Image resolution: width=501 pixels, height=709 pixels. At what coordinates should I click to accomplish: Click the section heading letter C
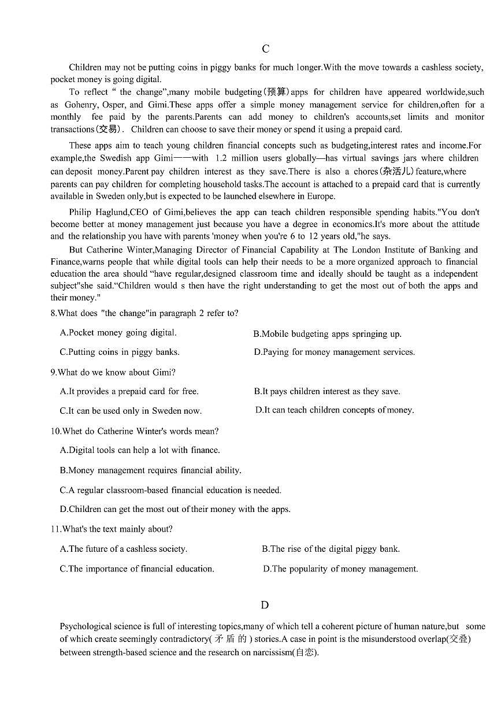(265, 49)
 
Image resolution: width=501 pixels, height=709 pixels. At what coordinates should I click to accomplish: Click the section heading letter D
(265, 605)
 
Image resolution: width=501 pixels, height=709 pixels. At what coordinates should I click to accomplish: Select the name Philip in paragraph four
(81, 212)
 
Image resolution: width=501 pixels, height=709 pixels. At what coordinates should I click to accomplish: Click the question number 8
(53, 313)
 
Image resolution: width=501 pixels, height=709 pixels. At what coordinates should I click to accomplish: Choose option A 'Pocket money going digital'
(118, 333)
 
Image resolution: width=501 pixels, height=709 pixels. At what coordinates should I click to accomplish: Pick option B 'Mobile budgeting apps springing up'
(327, 334)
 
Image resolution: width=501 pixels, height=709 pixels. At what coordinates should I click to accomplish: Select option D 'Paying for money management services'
(334, 352)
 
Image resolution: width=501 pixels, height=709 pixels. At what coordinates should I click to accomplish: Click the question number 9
(53, 372)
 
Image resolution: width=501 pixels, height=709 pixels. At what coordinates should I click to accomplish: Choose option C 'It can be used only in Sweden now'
(131, 411)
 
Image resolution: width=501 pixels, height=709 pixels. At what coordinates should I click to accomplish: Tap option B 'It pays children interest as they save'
(326, 392)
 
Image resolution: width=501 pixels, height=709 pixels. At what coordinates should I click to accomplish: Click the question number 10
(55, 431)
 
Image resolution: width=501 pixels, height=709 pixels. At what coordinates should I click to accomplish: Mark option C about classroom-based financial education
(170, 490)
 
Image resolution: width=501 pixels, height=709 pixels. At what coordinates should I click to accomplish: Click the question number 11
(55, 529)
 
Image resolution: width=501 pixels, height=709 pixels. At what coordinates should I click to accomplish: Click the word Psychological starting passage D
(85, 626)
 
